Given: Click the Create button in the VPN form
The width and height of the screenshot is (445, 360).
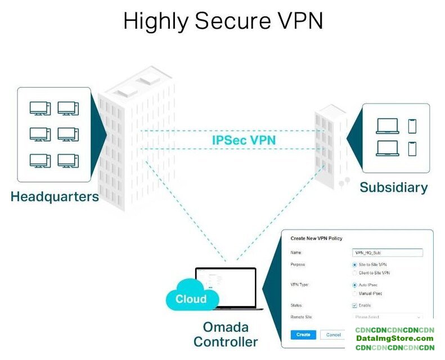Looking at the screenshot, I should (x=303, y=335).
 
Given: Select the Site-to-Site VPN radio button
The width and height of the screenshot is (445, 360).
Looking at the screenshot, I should (x=354, y=264).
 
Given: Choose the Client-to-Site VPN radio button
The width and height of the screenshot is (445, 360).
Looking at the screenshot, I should (x=354, y=273).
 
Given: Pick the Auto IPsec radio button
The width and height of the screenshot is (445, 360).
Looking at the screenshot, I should (x=354, y=285).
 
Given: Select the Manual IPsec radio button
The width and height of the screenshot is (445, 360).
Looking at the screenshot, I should (x=354, y=294).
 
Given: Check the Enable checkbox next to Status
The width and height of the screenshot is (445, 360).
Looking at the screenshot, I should (x=354, y=305).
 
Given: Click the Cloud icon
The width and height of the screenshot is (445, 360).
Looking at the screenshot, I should (x=190, y=298).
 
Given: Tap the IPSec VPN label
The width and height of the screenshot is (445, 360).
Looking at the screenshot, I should (x=244, y=140).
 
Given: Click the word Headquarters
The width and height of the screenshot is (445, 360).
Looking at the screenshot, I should (x=55, y=197).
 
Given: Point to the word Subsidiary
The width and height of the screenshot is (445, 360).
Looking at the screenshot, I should (x=393, y=187).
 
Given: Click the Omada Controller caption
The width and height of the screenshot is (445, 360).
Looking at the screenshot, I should (x=226, y=334).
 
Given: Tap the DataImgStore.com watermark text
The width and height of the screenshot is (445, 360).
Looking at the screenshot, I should (x=395, y=338).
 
